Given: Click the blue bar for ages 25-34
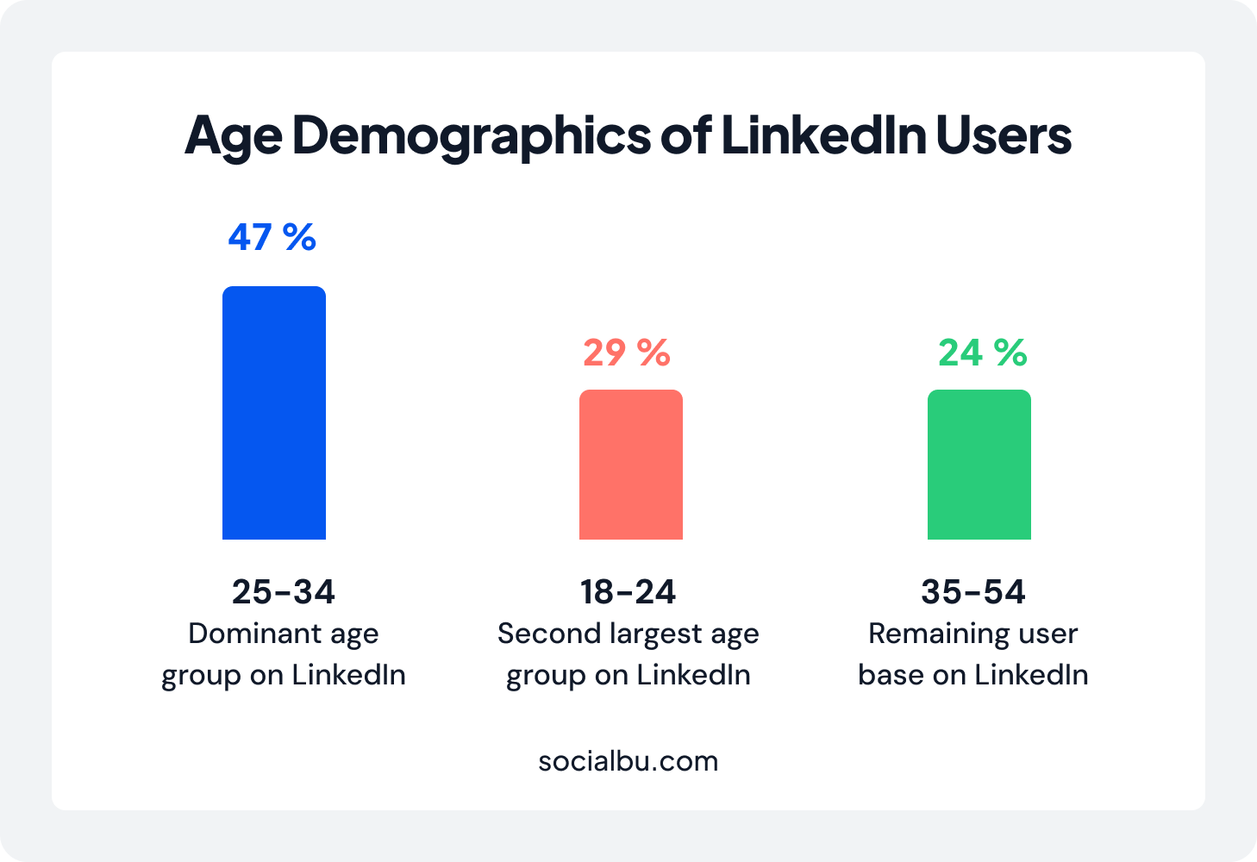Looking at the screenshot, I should coord(274,413).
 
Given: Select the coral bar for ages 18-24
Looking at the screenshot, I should coord(630,465).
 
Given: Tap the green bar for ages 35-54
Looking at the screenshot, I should coord(979,465).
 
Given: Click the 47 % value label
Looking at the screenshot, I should coord(272,237).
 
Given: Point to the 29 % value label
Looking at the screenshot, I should coord(627,353).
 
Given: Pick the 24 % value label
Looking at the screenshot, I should coord(982,353).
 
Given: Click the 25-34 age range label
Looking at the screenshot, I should coord(283,592).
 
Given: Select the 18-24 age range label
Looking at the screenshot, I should coord(628,592).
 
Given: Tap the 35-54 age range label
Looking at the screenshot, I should coord(972,592).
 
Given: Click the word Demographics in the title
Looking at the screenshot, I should coord(472,136).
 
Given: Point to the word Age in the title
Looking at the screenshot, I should coord(233,136).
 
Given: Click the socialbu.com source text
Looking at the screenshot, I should coord(628,761).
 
